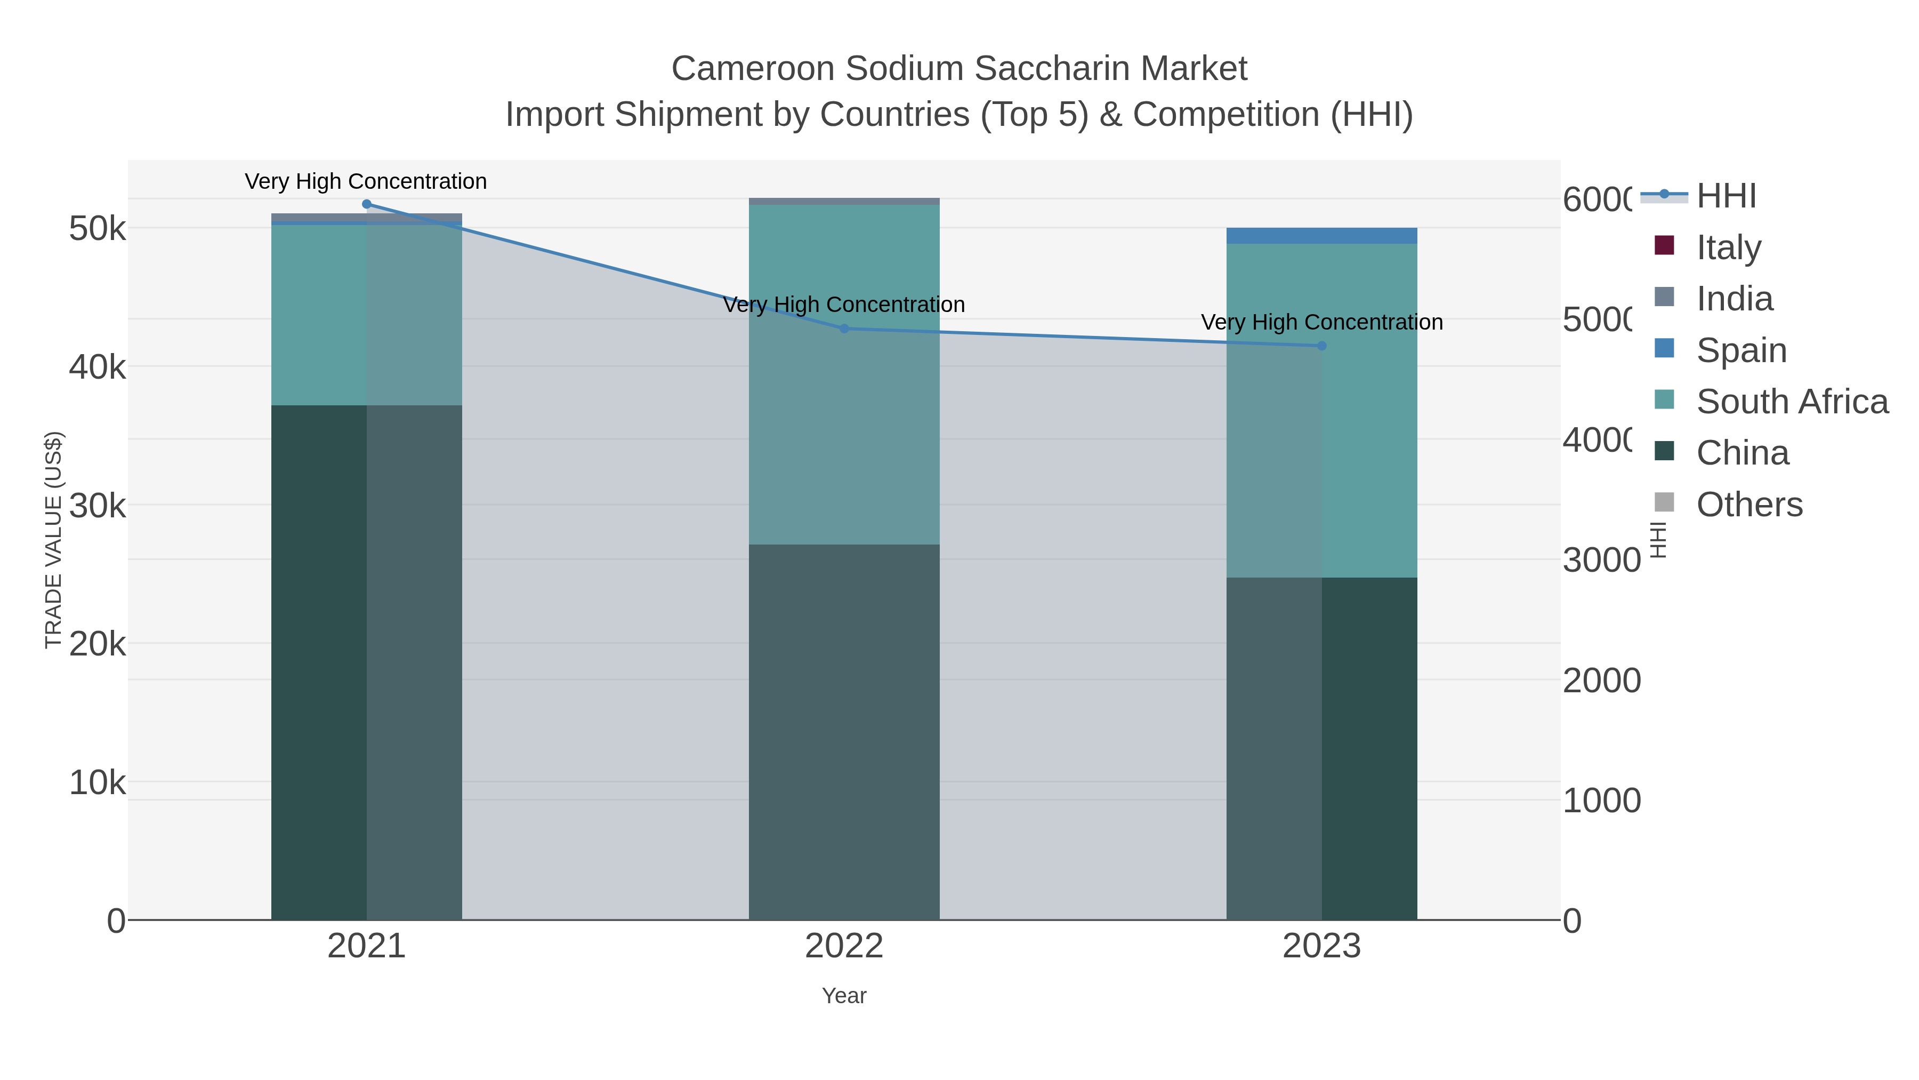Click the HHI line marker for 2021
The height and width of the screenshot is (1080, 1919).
coord(367,204)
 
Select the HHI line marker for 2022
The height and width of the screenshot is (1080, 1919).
coord(844,329)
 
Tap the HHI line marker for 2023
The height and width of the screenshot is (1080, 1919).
coord(1321,346)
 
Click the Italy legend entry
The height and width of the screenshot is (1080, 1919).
coord(1728,247)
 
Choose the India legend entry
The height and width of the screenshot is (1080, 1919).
coord(1734,298)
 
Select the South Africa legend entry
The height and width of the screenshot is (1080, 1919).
coord(1792,401)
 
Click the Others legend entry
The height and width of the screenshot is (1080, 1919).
coord(1749,504)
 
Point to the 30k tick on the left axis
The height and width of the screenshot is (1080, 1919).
coord(98,506)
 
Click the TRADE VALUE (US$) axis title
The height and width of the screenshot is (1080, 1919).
coord(54,540)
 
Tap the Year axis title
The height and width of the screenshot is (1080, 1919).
coord(844,996)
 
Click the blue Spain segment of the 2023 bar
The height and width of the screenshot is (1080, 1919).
coord(1321,236)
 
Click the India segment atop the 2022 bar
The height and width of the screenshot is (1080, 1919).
coord(844,201)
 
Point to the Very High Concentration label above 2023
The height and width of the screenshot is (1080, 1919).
coord(1321,322)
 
